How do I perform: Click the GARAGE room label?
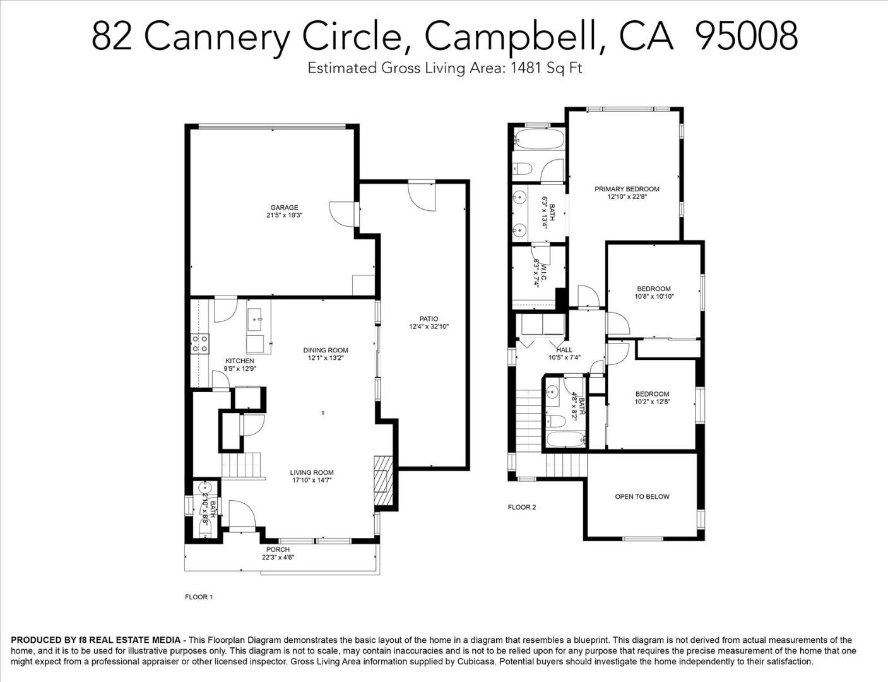[x=284, y=207]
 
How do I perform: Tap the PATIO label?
[x=429, y=319]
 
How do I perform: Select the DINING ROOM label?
[x=326, y=350]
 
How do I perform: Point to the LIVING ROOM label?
[x=312, y=472]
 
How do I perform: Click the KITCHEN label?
[x=239, y=361]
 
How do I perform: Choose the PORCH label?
[x=278, y=549]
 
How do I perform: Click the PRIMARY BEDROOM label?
[x=627, y=189]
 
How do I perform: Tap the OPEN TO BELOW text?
[x=642, y=496]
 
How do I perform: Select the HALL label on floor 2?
[x=564, y=350]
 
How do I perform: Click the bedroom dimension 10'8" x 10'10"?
[x=654, y=296]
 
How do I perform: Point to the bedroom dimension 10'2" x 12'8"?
[x=652, y=401]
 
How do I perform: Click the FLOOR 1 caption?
[x=198, y=597]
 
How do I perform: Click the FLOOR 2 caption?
[x=522, y=507]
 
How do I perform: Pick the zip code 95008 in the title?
[x=745, y=35]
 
